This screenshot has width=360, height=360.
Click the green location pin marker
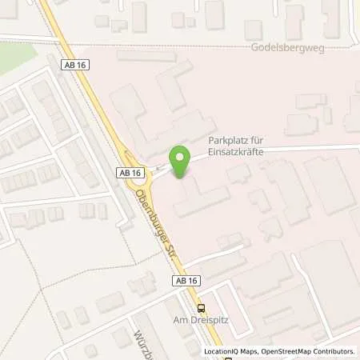[180, 158]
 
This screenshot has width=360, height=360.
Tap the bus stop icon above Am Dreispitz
[201, 307]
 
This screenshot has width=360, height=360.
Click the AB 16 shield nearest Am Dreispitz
[182, 280]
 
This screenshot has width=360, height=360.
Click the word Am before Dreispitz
[192, 320]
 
